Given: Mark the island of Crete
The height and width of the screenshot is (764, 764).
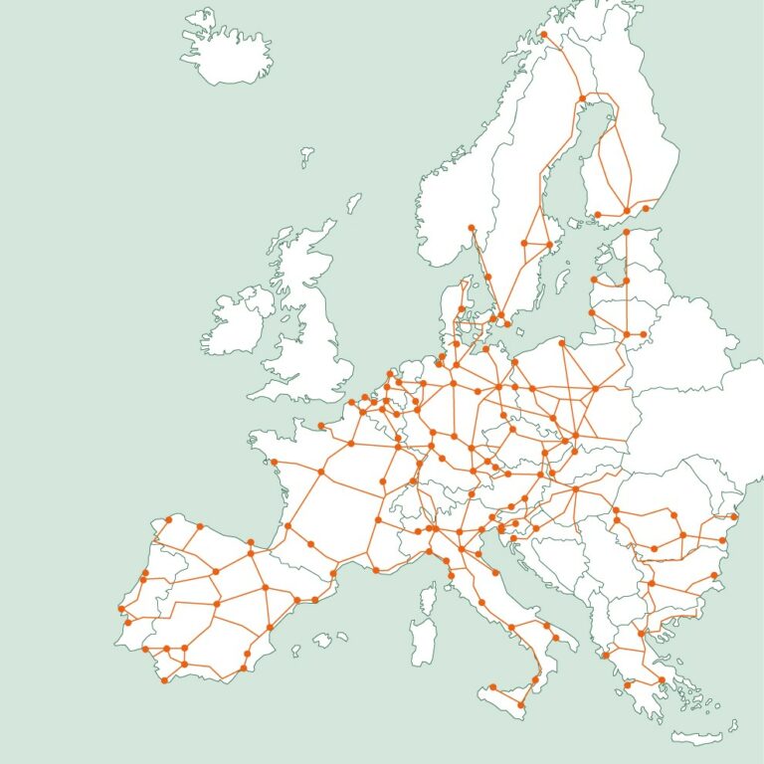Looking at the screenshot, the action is click(x=696, y=737).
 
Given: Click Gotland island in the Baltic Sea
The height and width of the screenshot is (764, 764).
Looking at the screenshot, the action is click(x=564, y=281).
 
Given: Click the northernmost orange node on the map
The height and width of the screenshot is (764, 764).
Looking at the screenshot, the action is click(x=544, y=35).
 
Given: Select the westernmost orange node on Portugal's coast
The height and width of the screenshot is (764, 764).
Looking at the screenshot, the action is click(x=121, y=609).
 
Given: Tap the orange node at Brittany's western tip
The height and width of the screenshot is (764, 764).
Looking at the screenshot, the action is click(x=274, y=462).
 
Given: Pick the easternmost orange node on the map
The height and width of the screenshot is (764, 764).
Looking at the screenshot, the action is click(x=734, y=516).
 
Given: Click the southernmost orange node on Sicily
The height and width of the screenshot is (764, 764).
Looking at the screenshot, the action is click(x=520, y=705).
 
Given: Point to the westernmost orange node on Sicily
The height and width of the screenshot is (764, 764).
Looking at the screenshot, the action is click(x=491, y=686).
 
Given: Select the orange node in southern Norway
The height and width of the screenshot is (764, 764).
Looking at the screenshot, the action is click(x=472, y=228).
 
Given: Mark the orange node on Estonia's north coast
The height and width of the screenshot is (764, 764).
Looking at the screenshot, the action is click(x=627, y=234).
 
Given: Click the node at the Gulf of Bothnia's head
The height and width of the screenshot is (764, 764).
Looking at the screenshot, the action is click(x=584, y=97).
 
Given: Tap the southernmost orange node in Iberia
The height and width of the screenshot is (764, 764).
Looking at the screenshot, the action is click(x=165, y=680).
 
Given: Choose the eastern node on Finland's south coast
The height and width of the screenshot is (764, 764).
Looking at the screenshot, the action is click(x=646, y=208).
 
